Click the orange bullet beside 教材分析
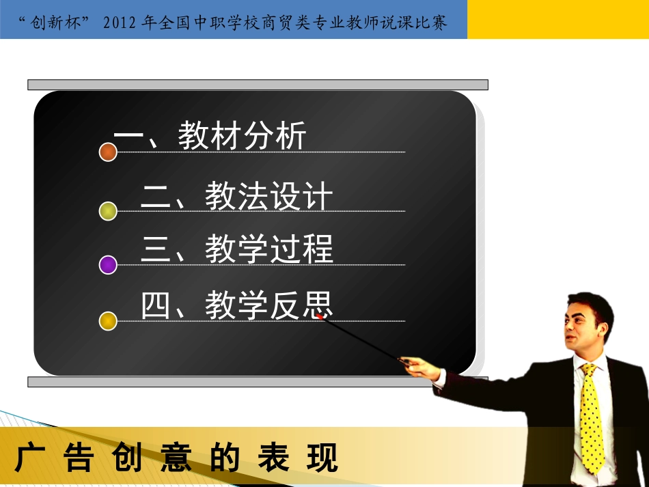tap(108, 152)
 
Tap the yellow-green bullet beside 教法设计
tap(108, 211)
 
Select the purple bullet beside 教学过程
tap(108, 265)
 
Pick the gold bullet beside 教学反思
tap(108, 320)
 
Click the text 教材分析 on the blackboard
tap(242, 136)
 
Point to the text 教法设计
tap(268, 197)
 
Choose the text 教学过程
tap(268, 249)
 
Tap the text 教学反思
tap(268, 305)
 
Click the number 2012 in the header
tap(120, 23)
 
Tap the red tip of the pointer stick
tap(320, 316)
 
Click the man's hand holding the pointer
tap(418, 367)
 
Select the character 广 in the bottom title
tap(26, 458)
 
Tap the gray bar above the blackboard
tap(258, 85)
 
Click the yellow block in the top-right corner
tap(557, 19)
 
